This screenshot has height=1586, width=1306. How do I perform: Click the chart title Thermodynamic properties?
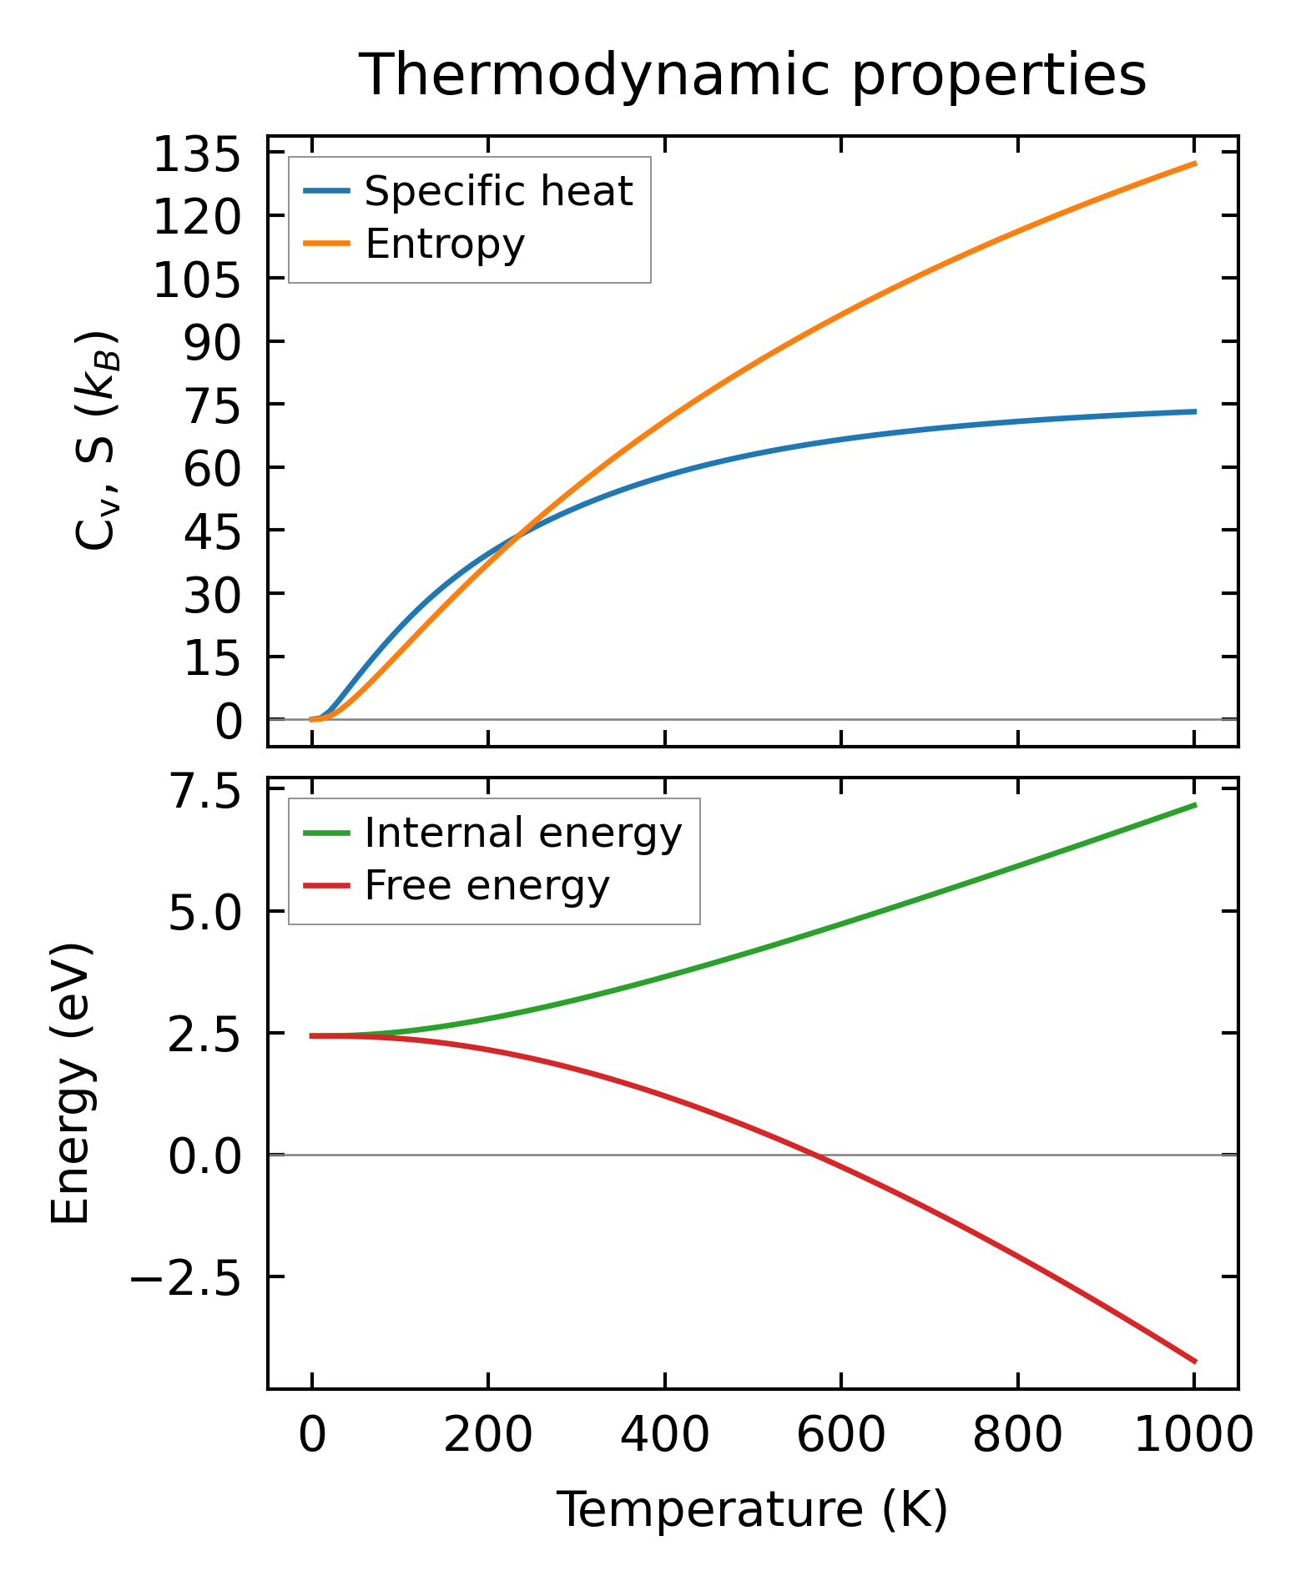click(x=752, y=75)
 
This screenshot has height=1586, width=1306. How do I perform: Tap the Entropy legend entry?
click(x=445, y=244)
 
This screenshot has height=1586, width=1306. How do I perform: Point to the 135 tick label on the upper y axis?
click(x=197, y=156)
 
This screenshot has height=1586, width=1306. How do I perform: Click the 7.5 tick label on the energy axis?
click(x=204, y=793)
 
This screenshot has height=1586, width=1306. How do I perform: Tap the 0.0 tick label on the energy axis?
click(x=204, y=1159)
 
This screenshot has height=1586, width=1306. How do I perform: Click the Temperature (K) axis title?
click(x=752, y=1510)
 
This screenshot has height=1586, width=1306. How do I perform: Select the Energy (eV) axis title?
click(x=70, y=1085)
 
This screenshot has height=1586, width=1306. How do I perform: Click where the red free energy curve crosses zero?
click(x=814, y=1155)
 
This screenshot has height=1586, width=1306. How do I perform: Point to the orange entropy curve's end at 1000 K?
click(x=1195, y=164)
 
